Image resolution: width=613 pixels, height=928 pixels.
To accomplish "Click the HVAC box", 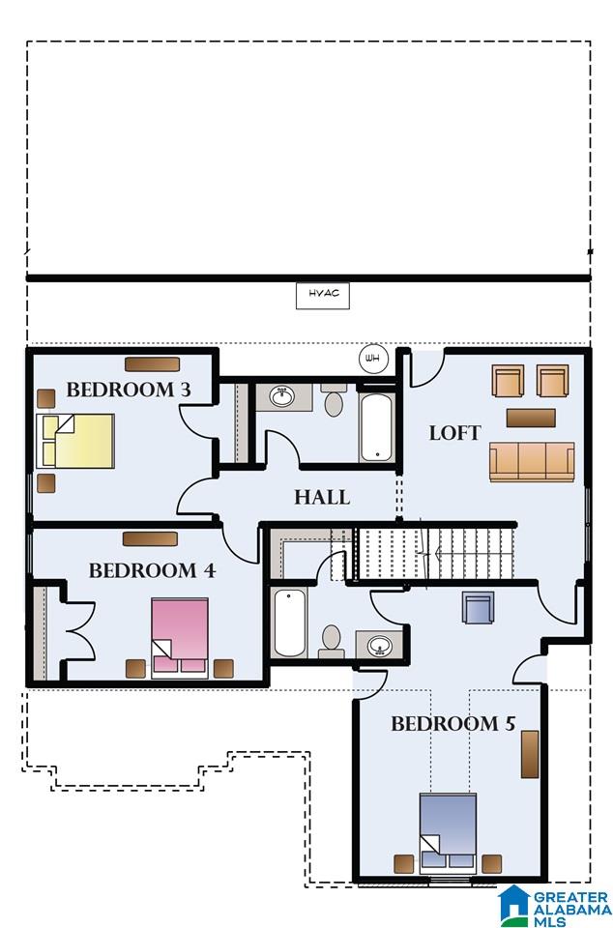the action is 323,296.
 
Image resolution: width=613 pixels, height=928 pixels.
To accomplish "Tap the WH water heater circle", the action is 373,358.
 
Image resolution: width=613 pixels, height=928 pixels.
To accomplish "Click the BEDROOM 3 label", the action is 129,390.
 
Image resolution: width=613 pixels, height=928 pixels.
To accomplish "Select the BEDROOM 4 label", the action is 152,570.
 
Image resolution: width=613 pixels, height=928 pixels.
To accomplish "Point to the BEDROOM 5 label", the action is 453,723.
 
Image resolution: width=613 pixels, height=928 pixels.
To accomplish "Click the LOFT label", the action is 455,433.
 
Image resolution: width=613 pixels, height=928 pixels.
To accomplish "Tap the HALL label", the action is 323,497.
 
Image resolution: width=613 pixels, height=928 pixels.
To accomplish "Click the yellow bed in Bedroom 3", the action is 75,441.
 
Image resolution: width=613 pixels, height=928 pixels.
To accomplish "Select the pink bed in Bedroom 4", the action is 180,638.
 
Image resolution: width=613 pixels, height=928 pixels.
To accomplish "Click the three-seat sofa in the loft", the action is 532,462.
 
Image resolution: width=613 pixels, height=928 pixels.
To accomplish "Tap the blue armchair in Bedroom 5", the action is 478,608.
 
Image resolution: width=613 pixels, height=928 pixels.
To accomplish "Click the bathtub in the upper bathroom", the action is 376,426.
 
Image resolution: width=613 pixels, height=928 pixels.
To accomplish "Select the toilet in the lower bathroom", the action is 332,641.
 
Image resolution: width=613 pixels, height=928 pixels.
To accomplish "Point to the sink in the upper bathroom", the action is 283,396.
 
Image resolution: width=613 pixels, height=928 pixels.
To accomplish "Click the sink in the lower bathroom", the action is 379,645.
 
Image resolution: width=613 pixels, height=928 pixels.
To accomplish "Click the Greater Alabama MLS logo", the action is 554,906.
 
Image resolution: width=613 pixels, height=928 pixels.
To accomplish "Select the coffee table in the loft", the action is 531,418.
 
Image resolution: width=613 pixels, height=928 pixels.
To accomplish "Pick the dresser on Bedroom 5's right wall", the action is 530,754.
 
